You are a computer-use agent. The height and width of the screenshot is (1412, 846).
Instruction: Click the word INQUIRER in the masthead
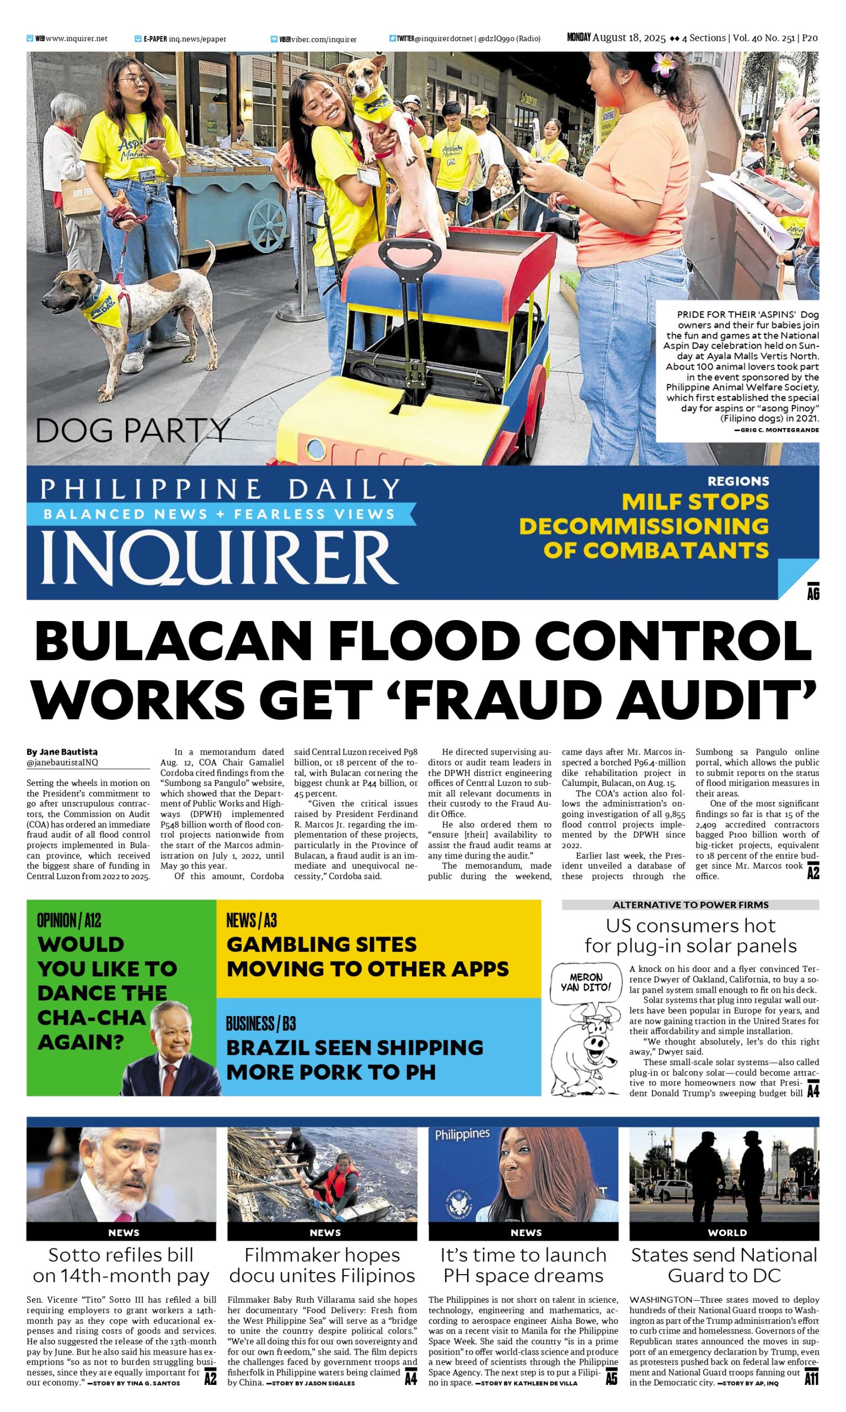click(x=219, y=556)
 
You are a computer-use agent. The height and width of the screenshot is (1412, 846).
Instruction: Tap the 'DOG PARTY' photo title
click(x=132, y=430)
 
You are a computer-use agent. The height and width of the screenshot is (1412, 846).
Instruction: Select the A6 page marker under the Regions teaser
click(x=813, y=593)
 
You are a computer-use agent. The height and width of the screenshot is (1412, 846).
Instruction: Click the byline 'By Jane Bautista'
click(x=62, y=752)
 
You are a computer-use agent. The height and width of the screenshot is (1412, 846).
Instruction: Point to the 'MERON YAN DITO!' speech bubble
click(x=585, y=982)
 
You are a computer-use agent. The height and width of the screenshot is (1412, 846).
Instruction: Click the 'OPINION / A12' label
click(x=68, y=920)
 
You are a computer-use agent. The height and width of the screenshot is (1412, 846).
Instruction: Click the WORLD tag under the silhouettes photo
click(x=727, y=1232)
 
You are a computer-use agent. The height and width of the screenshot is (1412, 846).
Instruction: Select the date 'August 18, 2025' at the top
click(x=629, y=38)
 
